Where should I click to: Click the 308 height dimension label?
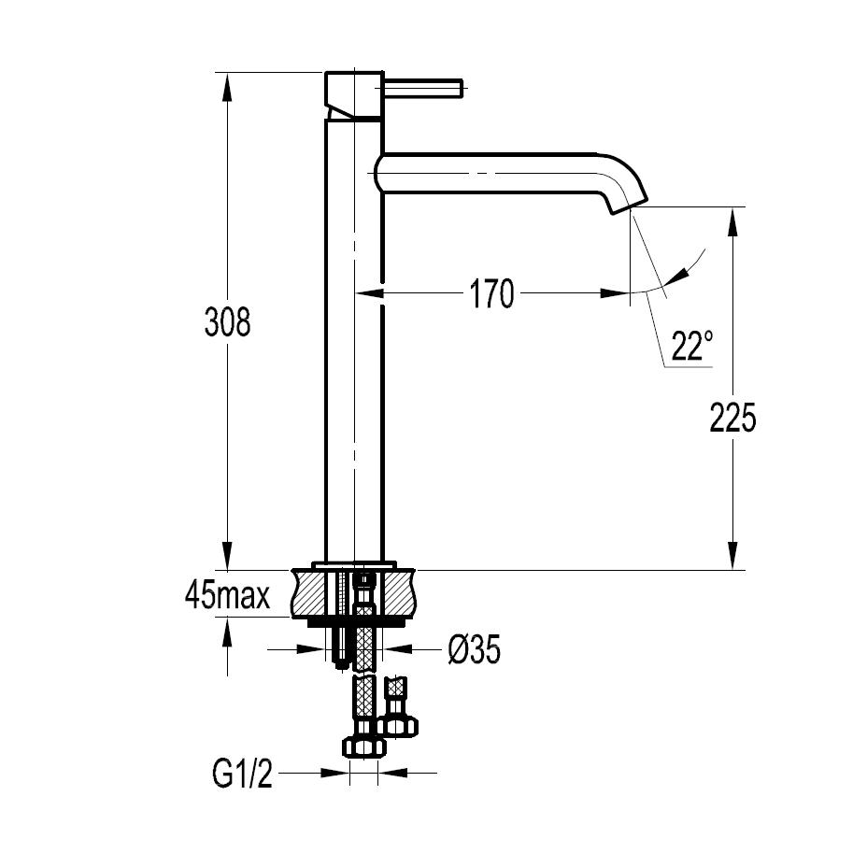[227, 322]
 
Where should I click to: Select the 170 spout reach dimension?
[491, 294]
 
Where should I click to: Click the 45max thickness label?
[227, 595]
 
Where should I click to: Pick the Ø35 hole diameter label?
[473, 649]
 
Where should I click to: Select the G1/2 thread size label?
[242, 775]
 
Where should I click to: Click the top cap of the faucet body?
[353, 92]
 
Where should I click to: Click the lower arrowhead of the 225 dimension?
[734, 557]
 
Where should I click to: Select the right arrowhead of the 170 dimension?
[617, 293]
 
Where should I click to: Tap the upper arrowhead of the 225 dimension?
[734, 220]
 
